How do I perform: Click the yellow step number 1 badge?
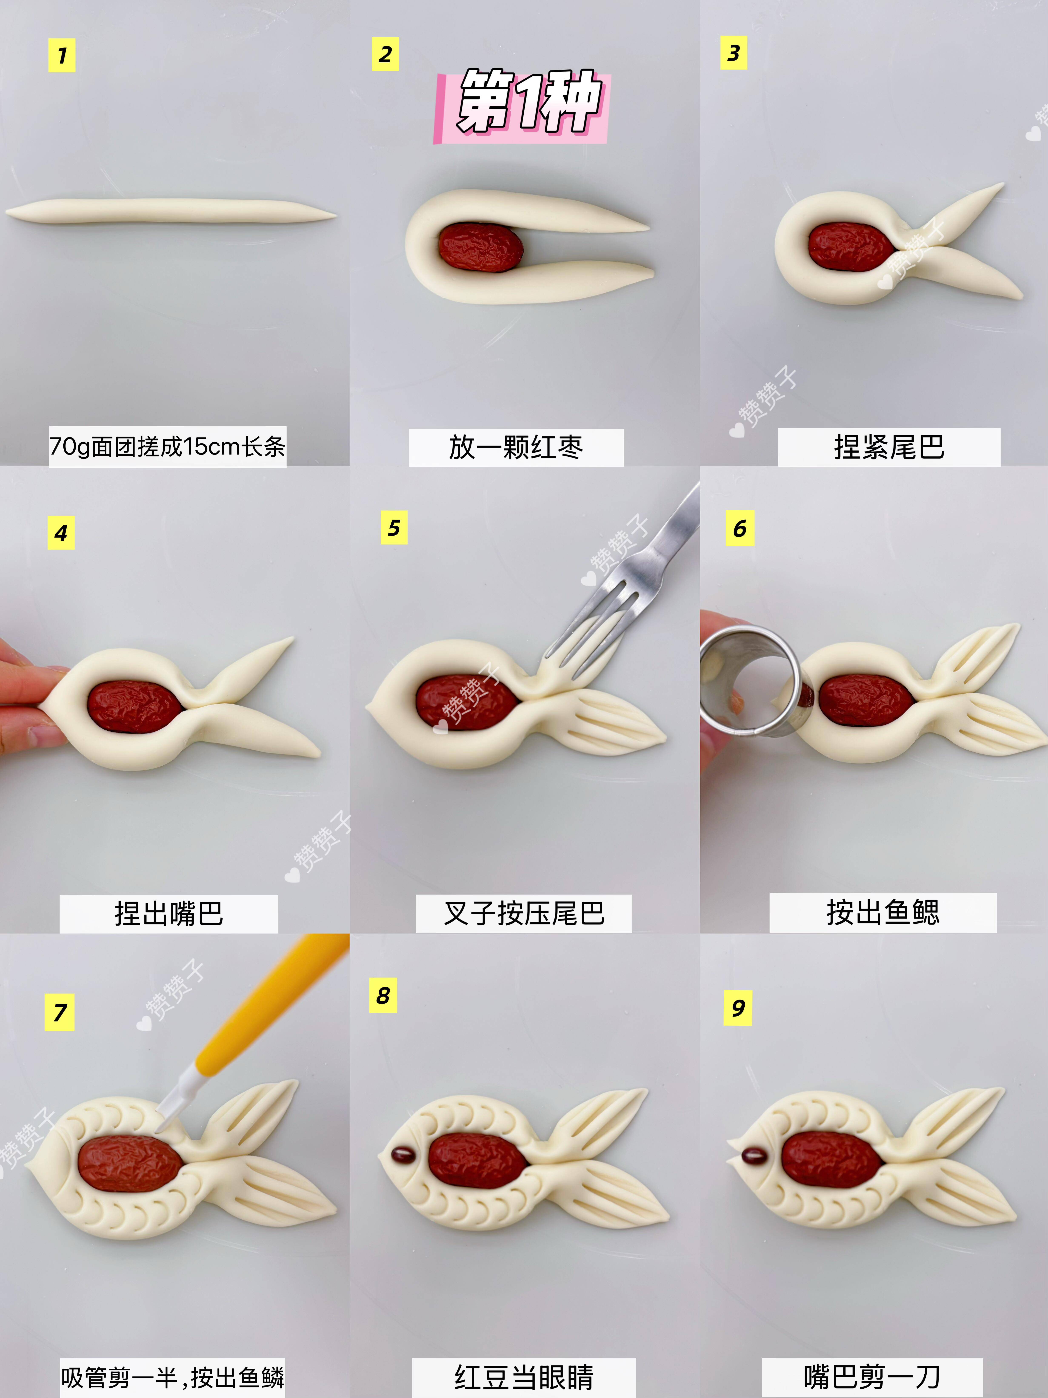tap(62, 56)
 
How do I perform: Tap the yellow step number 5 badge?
tap(394, 527)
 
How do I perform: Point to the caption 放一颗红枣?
tap(516, 447)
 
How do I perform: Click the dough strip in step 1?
tap(171, 211)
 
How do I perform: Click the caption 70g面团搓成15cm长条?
tap(167, 447)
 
